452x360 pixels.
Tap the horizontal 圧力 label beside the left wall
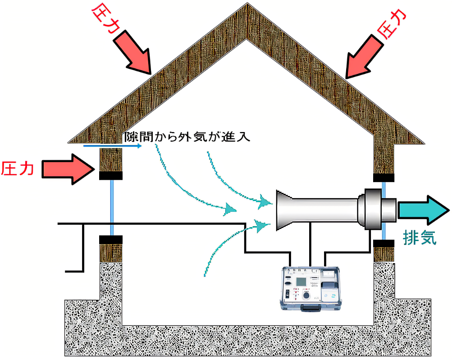point(17,169)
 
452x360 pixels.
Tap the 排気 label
point(419,237)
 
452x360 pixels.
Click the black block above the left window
point(110,176)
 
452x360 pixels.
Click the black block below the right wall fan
point(384,243)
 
